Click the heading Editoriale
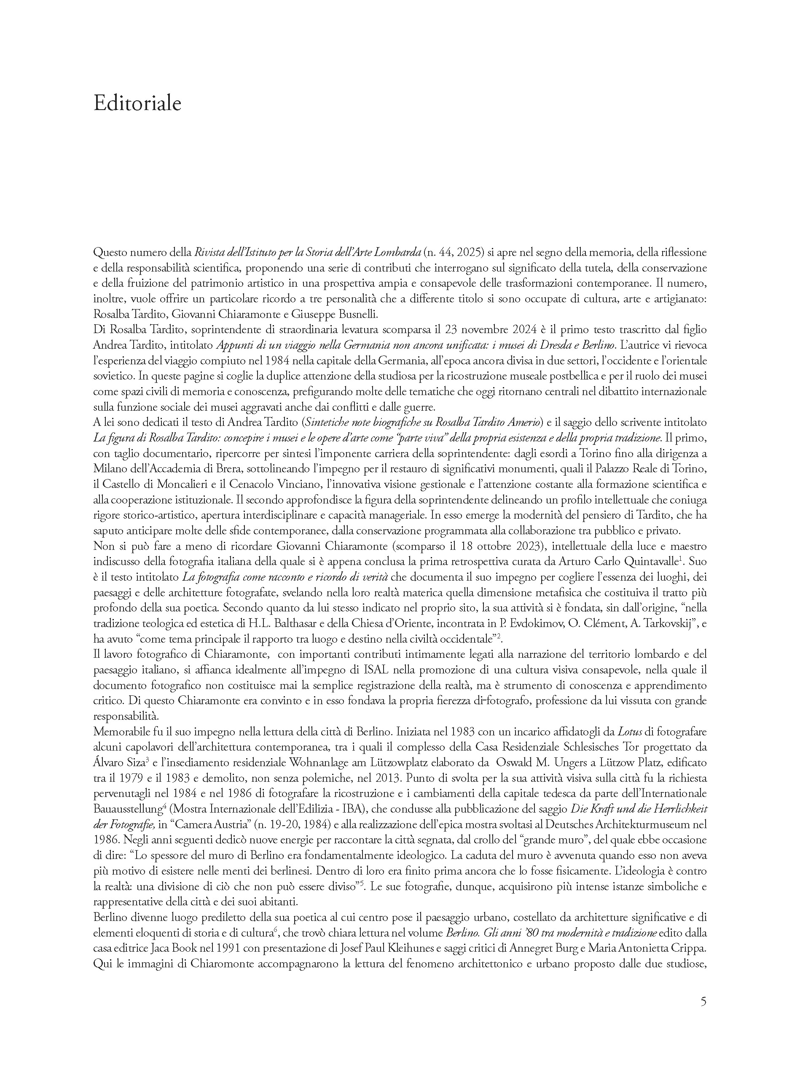(137, 104)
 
